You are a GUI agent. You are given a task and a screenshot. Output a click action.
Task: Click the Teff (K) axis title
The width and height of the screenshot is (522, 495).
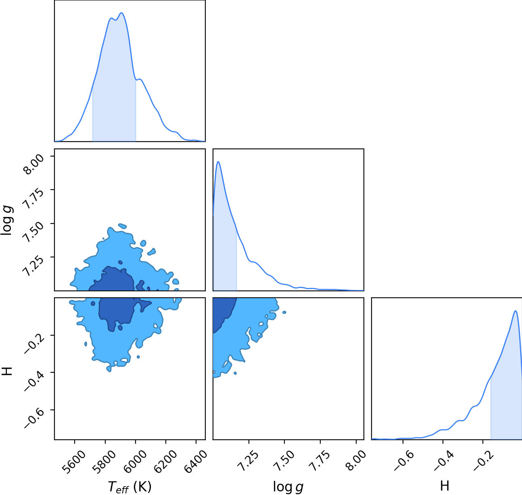129,487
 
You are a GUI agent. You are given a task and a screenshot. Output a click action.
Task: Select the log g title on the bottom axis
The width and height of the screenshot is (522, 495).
288,487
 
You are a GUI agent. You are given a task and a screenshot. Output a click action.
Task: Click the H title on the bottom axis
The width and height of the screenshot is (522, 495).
445,486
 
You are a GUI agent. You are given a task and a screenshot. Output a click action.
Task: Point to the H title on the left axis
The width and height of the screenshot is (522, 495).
7,371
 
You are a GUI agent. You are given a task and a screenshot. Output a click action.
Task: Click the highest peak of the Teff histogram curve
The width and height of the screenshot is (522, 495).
121,13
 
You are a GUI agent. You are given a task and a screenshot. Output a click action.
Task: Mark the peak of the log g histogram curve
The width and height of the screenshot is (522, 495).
218,162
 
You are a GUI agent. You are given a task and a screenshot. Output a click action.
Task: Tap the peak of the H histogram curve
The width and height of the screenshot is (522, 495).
516,311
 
